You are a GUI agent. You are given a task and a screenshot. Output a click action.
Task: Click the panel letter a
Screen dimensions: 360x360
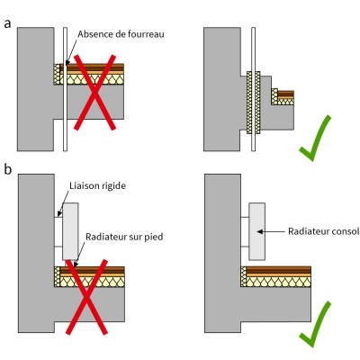pos(8,24)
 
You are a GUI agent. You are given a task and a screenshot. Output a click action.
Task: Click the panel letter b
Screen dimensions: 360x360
pos(8,169)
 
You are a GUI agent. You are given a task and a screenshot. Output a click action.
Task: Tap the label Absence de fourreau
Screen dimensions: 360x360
pos(121,34)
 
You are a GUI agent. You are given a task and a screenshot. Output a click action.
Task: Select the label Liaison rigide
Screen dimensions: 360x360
pos(97,185)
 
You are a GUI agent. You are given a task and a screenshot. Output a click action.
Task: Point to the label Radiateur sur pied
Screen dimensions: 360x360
pos(124,237)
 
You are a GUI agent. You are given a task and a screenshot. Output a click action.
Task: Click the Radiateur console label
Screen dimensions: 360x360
pos(324,231)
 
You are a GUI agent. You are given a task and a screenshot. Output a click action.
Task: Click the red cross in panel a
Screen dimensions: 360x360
pos(94,93)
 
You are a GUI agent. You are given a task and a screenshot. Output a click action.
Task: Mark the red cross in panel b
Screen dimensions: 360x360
pos(86,297)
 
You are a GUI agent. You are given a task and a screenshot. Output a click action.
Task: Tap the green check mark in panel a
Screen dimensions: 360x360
pos(315,139)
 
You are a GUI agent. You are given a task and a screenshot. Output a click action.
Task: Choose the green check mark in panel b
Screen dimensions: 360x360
pos(315,325)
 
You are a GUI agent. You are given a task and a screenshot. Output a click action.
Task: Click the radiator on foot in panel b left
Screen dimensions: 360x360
pos(70,231)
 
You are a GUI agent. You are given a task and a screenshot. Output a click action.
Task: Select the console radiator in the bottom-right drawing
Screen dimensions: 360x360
pos(257,231)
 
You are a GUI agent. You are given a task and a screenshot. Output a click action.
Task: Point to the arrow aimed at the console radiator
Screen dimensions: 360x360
pos(271,231)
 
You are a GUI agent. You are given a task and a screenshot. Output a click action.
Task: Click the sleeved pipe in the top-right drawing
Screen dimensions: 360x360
pos(254,89)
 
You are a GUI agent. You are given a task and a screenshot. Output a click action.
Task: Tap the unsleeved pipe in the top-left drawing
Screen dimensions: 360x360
pos(65,89)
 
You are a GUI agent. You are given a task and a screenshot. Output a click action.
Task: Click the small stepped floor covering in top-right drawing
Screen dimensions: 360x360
pos(285,94)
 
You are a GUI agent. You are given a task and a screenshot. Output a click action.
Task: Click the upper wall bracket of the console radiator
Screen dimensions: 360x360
pos(245,217)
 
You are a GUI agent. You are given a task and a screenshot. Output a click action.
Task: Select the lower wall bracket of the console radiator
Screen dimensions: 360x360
pos(245,247)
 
